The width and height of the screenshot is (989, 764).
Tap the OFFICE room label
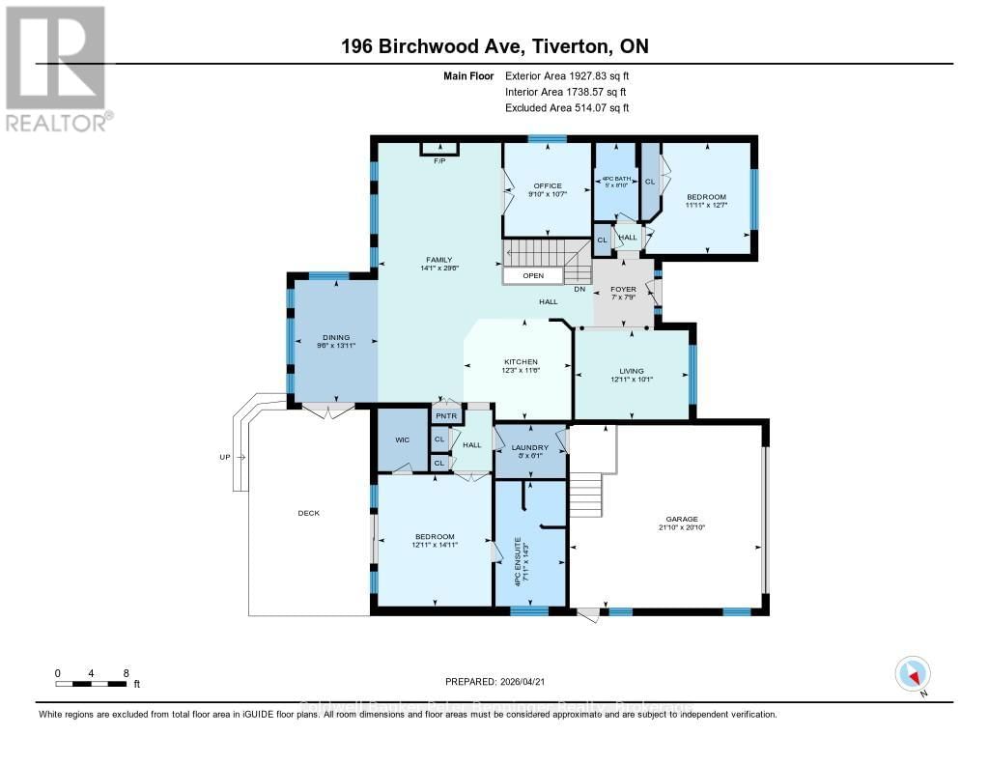(548, 185)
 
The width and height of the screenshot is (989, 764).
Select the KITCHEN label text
(520, 362)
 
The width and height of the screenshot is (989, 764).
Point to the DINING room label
(334, 338)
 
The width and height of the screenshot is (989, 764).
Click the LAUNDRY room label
(530, 447)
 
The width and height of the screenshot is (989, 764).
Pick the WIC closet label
(402, 439)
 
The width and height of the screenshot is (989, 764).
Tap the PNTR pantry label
(445, 416)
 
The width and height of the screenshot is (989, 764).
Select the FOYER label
(621, 288)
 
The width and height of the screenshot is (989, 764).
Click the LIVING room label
(632, 371)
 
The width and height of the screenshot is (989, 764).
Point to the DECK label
(308, 513)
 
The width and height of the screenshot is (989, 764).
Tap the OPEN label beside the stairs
(533, 275)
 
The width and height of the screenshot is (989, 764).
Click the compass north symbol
(912, 674)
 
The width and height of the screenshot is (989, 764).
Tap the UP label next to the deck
(225, 456)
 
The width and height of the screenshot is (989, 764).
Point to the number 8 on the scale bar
(126, 672)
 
